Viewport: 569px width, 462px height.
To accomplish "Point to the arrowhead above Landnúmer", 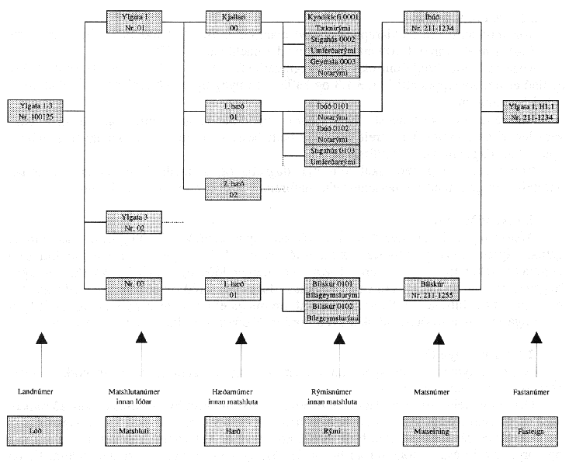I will (37, 337).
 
